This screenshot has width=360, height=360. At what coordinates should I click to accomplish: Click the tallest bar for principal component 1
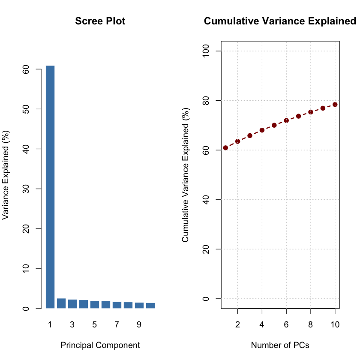(x=50, y=187)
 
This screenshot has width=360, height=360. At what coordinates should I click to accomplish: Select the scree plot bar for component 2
(x=61, y=303)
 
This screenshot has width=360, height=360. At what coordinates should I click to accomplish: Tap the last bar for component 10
(x=150, y=306)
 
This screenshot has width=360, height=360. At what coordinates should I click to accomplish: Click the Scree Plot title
(x=100, y=21)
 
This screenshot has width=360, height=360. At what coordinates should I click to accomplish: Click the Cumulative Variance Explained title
(x=280, y=21)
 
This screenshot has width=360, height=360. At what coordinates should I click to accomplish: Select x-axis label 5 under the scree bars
(x=94, y=325)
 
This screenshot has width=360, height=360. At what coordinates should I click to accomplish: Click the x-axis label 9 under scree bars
(x=139, y=325)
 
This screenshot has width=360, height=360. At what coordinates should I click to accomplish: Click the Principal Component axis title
(x=100, y=345)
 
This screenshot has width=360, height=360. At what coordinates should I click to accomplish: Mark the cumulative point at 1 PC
(x=225, y=148)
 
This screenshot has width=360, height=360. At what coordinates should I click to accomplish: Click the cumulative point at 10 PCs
(x=335, y=104)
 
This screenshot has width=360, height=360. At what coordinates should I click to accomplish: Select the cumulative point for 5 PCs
(x=274, y=125)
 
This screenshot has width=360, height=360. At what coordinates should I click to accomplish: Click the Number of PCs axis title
(x=280, y=345)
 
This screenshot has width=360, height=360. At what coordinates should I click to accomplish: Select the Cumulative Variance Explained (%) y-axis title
(x=186, y=174)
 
